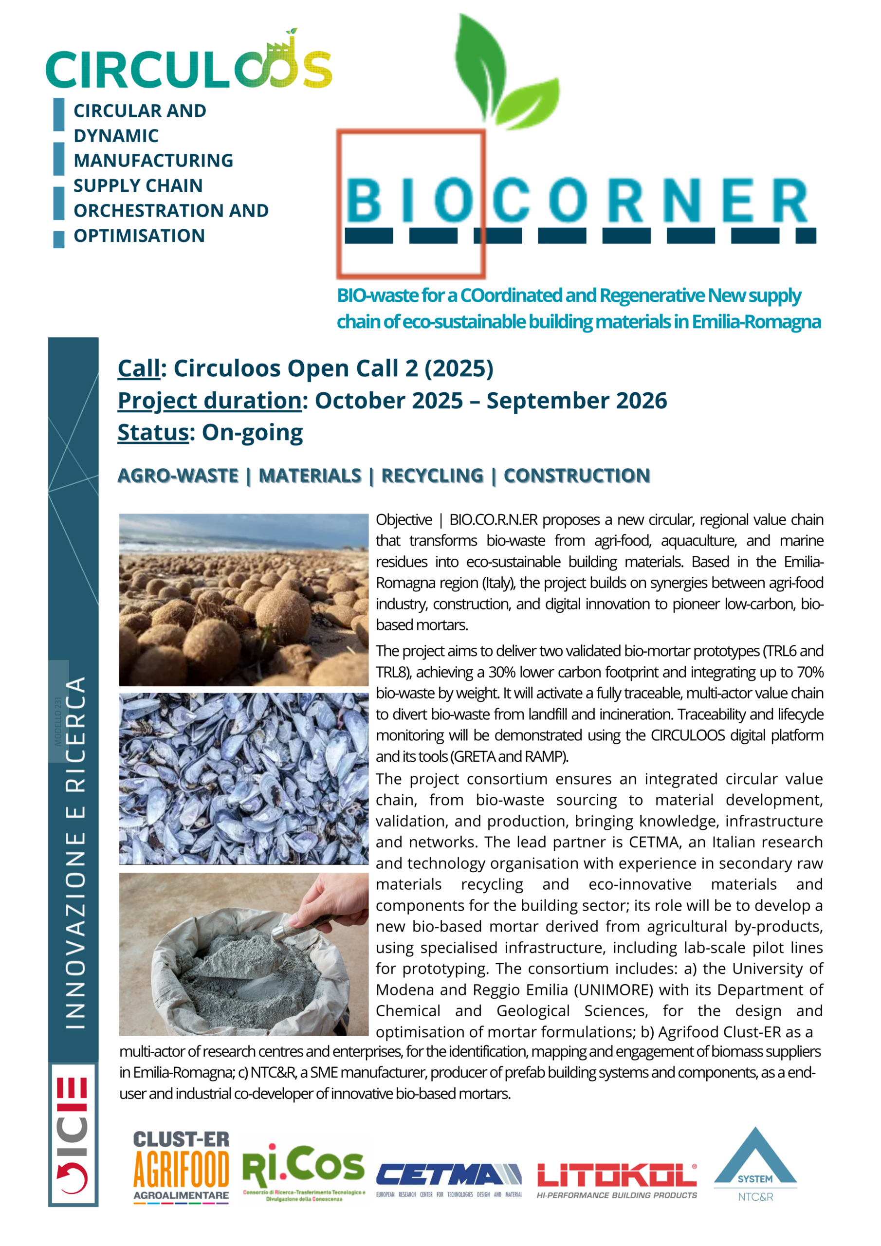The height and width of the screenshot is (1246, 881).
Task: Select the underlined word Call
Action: pos(139,368)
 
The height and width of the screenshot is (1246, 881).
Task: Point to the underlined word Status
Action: pos(153,433)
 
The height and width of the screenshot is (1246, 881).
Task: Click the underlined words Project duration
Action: pos(209,401)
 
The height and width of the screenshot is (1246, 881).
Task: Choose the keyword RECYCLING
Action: pos(432,476)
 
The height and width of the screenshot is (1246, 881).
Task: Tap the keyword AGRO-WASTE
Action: pos(178,476)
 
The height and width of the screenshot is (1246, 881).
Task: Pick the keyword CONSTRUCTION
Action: pos(576,476)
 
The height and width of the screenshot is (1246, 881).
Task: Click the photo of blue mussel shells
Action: pos(243,778)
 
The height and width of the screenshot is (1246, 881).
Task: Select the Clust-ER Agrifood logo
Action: pos(181,1167)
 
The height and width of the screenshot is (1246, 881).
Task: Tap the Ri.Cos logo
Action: pos(303,1171)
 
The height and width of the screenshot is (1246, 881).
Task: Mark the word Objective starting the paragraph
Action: pos(404,520)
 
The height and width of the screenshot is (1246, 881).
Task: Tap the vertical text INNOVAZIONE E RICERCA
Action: pos(75,852)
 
